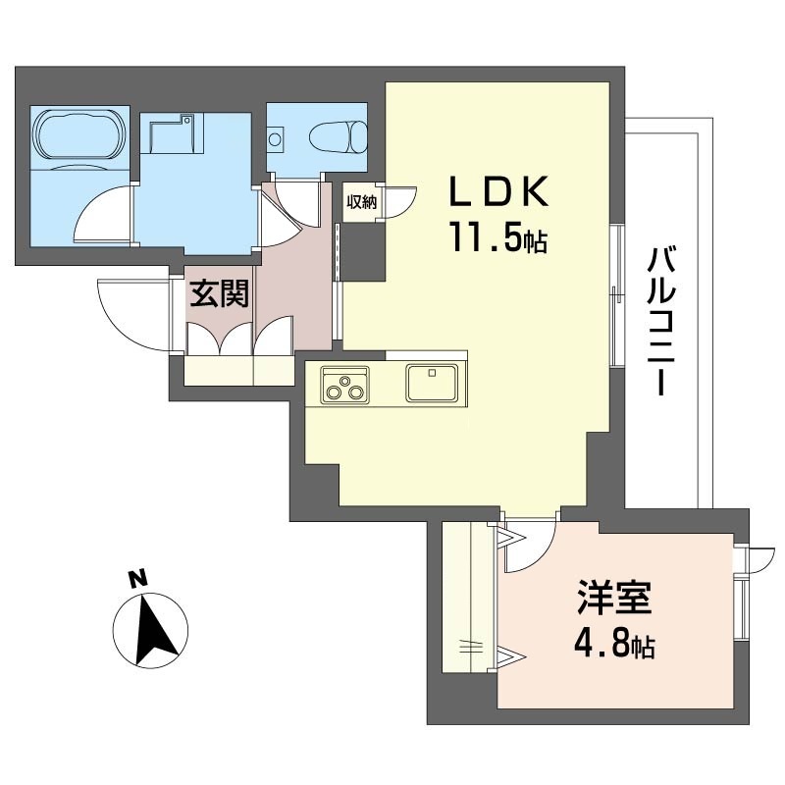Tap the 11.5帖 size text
pyautogui.click(x=498, y=238)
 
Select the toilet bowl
pyautogui.click(x=336, y=136)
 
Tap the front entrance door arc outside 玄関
pyautogui.click(x=132, y=314)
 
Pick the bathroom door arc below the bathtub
pyautogui.click(x=103, y=211)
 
